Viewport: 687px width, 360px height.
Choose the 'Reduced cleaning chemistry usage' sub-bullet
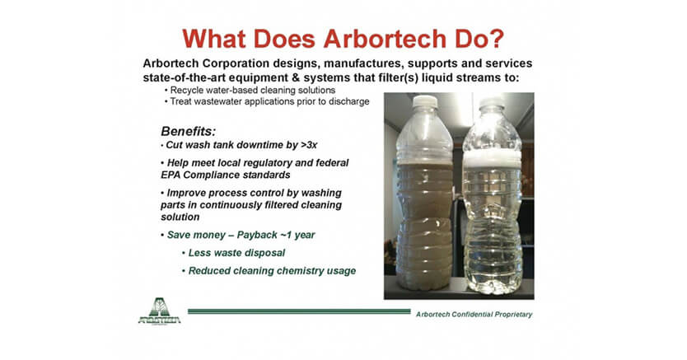(x=272, y=271)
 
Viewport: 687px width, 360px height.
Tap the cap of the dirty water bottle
(x=424, y=105)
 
